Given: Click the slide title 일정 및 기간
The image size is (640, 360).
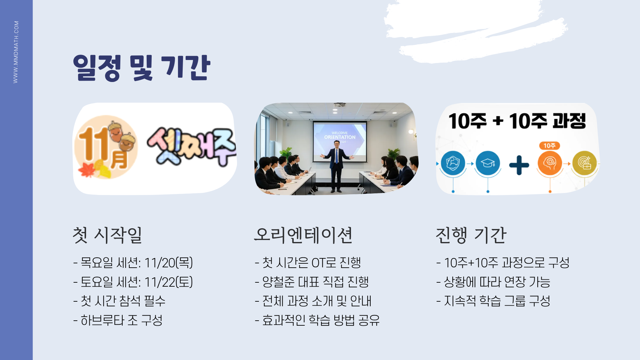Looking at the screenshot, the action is coord(142,68).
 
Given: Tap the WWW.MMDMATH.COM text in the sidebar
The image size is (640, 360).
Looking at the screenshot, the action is coord(16,52).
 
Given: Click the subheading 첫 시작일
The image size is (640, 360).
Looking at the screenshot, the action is coord(107,235).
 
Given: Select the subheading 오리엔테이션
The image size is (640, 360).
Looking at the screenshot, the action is coord(303,235).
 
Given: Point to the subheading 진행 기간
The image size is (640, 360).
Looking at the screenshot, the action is coord(471,235).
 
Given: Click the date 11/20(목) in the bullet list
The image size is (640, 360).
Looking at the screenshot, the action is coord(169,263).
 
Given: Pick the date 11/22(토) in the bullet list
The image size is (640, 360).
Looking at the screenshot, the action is coord(169,282).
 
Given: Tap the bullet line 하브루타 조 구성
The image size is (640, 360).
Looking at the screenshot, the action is coord(118,320).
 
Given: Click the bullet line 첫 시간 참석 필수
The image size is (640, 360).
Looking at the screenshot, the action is coord(119,301).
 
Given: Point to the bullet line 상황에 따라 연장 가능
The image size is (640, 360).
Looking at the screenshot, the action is coord(493,282).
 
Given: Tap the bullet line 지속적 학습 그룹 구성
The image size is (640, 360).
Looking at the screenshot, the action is coord(493,301).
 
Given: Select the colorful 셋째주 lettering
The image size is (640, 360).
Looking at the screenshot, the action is coord(192,147).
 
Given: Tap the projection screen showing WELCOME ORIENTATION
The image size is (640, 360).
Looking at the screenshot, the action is coord(340,142).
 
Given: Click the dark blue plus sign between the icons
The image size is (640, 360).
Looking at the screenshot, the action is coord(519,165).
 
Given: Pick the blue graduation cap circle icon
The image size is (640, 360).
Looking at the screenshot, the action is coord(488,163).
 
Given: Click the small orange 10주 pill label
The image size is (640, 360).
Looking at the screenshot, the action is coord(549,146).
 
